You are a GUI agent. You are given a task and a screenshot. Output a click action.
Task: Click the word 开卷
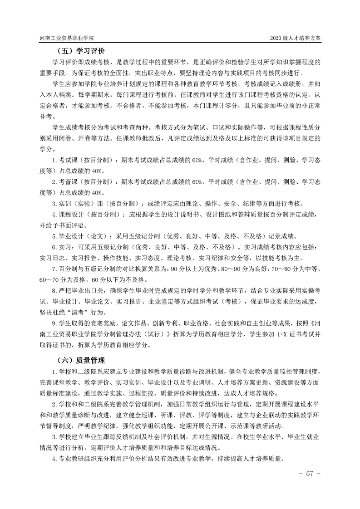tap(96, 138)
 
